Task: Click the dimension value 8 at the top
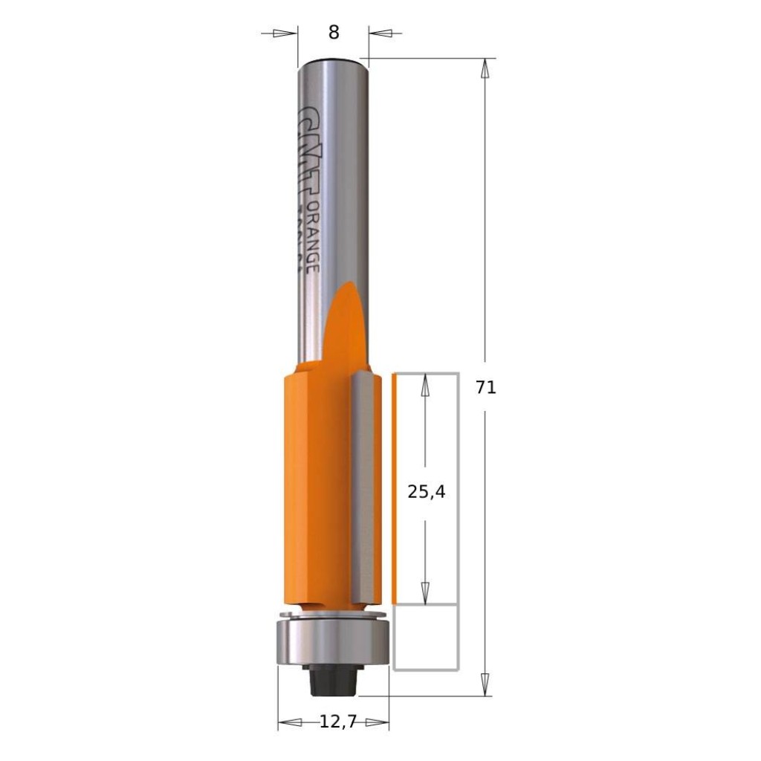(333, 33)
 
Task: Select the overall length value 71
(486, 388)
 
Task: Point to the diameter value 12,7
(334, 721)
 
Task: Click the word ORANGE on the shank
(313, 236)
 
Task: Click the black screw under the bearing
(332, 679)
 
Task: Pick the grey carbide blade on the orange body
(365, 490)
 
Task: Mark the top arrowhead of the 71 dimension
(485, 69)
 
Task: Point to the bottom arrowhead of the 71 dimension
(485, 684)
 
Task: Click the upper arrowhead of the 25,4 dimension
(425, 385)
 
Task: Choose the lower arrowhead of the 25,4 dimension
(425, 592)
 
